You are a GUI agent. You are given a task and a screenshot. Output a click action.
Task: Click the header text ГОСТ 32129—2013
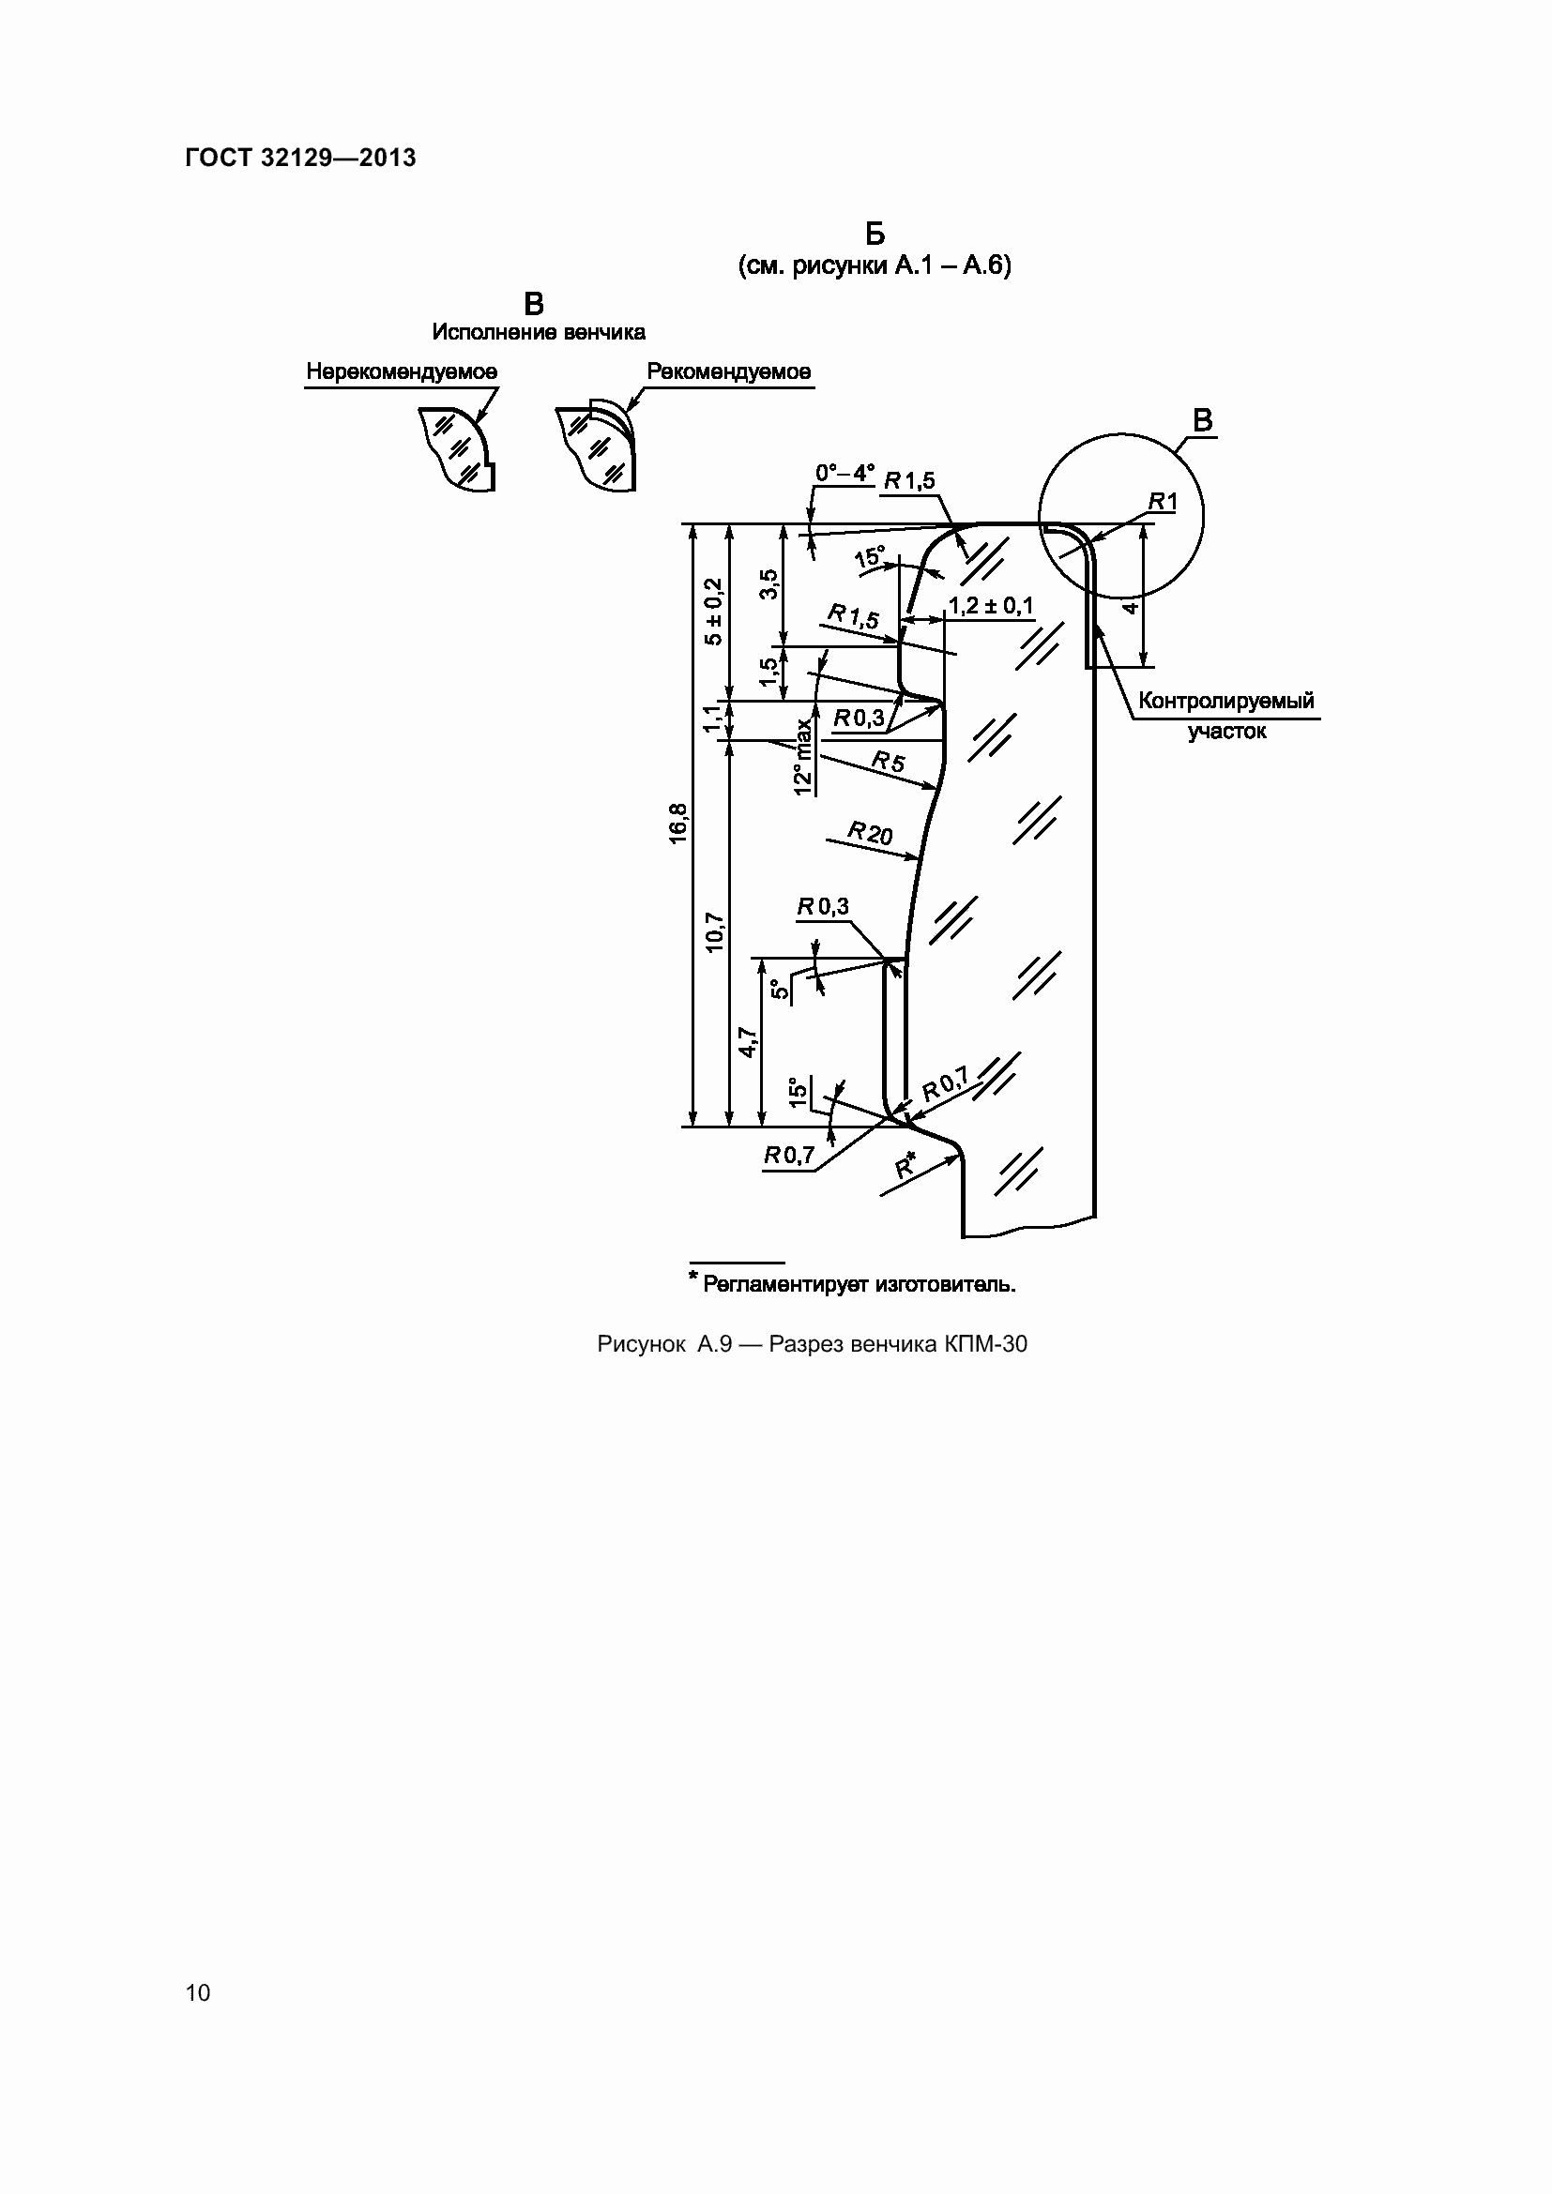pyautogui.click(x=300, y=158)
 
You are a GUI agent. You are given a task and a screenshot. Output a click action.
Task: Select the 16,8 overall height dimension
pyautogui.click(x=677, y=823)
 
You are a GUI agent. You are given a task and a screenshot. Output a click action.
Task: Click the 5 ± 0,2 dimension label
pyautogui.click(x=713, y=612)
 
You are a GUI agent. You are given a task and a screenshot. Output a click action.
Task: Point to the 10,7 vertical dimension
pyautogui.click(x=714, y=932)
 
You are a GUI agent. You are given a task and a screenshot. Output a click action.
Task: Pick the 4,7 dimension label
pyautogui.click(x=747, y=1042)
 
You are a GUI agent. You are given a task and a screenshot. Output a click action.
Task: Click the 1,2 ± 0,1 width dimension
pyautogui.click(x=991, y=606)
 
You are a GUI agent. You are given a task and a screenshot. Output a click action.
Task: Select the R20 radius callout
pyautogui.click(x=871, y=833)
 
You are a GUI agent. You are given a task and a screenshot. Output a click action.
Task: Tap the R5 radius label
pyautogui.click(x=888, y=761)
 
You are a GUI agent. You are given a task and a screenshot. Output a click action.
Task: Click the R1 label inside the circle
pyautogui.click(x=1163, y=501)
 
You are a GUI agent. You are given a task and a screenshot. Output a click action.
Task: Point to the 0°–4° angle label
pyautogui.click(x=844, y=473)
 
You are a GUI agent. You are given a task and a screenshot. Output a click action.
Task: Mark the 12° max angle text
pyautogui.click(x=803, y=756)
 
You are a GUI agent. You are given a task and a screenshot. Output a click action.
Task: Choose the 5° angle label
pyautogui.click(x=781, y=989)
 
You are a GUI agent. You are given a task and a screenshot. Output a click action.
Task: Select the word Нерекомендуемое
pyautogui.click(x=402, y=371)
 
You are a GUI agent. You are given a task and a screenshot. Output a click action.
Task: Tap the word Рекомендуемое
pyautogui.click(x=729, y=371)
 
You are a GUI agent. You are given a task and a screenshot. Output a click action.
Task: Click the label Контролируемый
pyautogui.click(x=1227, y=701)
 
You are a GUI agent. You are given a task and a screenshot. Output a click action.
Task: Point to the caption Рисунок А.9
pyautogui.click(x=664, y=1343)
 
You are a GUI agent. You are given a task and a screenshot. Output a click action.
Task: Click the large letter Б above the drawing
pyautogui.click(x=875, y=235)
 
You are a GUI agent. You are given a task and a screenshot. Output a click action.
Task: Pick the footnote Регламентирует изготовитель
pyautogui.click(x=860, y=1284)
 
